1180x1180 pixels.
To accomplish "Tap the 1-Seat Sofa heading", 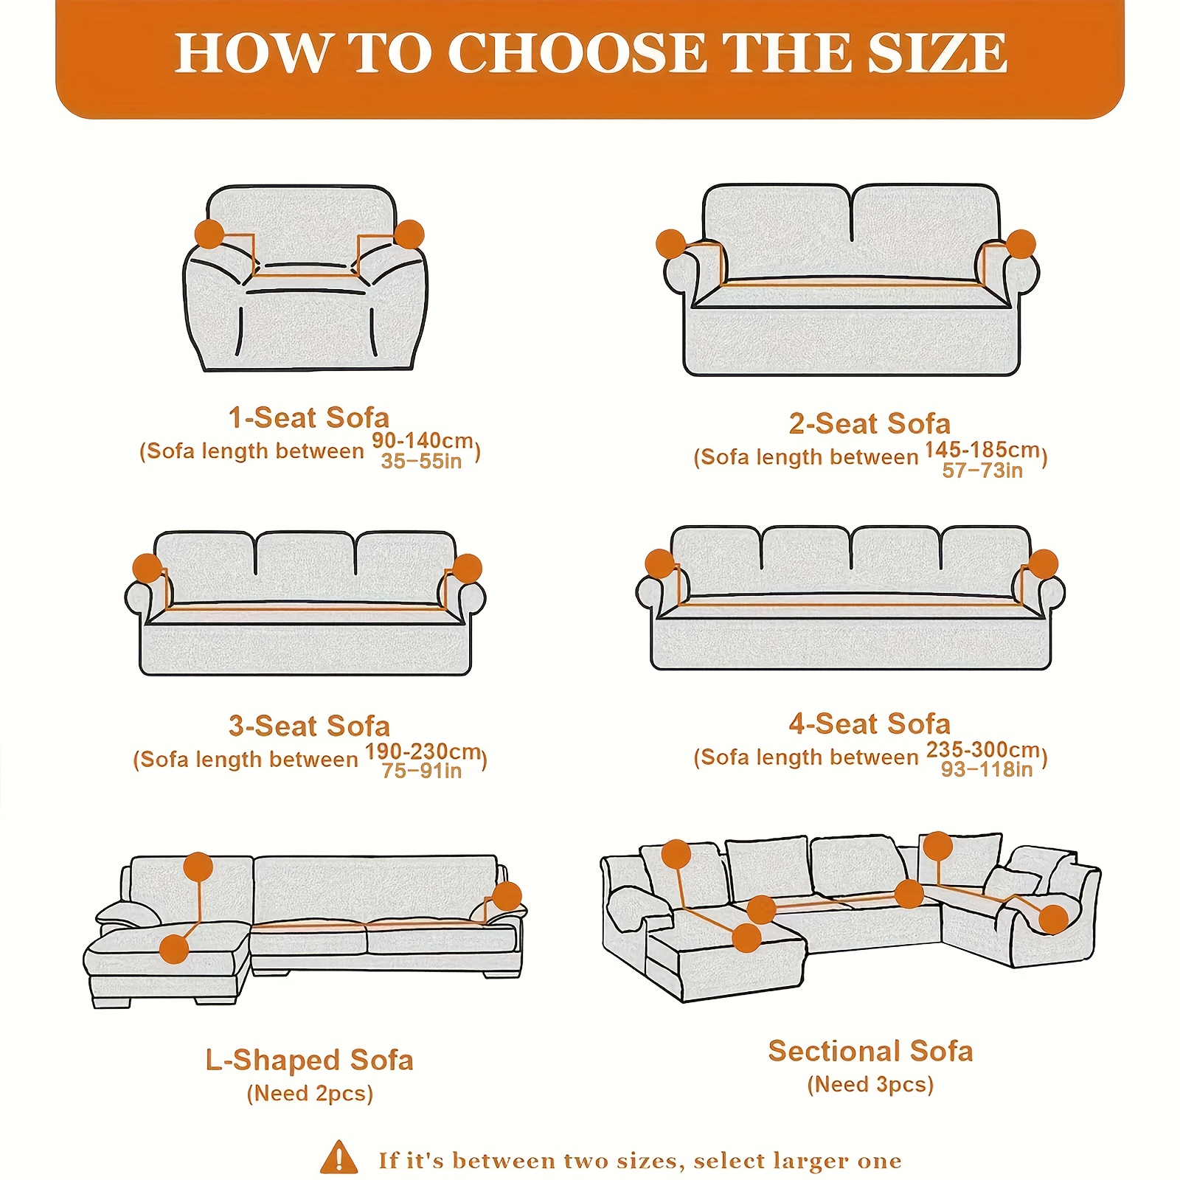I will point(308,418).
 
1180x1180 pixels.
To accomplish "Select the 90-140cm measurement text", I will point(422,441).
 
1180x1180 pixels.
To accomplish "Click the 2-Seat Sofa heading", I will point(870,424).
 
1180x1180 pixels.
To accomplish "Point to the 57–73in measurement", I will point(982,471).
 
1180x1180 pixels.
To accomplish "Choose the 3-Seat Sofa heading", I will point(309,726).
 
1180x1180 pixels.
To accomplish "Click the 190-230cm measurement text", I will point(423,752).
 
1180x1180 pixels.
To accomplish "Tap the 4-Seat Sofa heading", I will point(870,724).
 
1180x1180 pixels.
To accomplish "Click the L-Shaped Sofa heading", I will point(309,1061).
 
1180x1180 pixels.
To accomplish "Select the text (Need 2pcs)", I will point(310,1094).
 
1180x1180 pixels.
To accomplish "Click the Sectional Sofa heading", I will point(870,1052).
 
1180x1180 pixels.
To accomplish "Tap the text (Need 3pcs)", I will point(870,1085).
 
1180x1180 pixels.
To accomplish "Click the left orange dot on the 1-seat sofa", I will point(209,234).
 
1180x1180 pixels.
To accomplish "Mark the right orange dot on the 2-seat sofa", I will point(1021,244).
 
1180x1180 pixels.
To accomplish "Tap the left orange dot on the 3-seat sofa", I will point(147,569).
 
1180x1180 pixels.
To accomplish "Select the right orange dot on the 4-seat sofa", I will point(1043,564).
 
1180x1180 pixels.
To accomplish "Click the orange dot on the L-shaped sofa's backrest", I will point(198,867).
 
